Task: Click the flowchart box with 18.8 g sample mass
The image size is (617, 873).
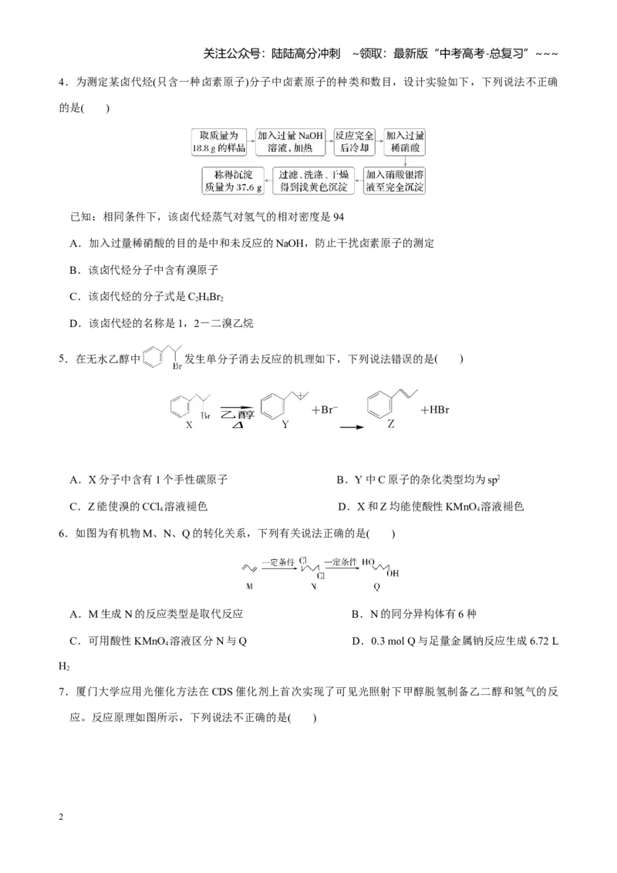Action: point(219,142)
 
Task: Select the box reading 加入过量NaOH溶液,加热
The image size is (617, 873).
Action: point(290,142)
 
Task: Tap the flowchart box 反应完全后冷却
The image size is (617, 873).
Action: point(354,142)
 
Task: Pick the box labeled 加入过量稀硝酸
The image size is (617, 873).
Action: point(405,142)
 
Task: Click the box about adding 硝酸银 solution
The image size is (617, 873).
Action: point(394,181)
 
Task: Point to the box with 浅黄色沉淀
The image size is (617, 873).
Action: point(313,181)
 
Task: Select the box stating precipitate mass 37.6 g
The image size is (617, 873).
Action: point(233,181)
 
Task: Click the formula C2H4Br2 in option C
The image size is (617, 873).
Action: point(205,297)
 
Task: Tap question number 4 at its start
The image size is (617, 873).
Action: point(63,83)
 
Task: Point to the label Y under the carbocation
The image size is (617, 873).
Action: point(285,425)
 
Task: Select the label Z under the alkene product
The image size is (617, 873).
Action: point(391,424)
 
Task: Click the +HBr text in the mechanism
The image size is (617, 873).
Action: point(435,410)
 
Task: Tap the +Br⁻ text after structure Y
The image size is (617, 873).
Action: point(325,410)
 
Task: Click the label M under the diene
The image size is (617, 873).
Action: point(249,586)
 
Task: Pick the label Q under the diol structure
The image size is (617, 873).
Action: point(377,586)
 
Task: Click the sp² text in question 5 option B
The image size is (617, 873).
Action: point(493,480)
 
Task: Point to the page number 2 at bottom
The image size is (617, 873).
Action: point(61,817)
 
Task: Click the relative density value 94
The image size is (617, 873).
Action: point(339,217)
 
